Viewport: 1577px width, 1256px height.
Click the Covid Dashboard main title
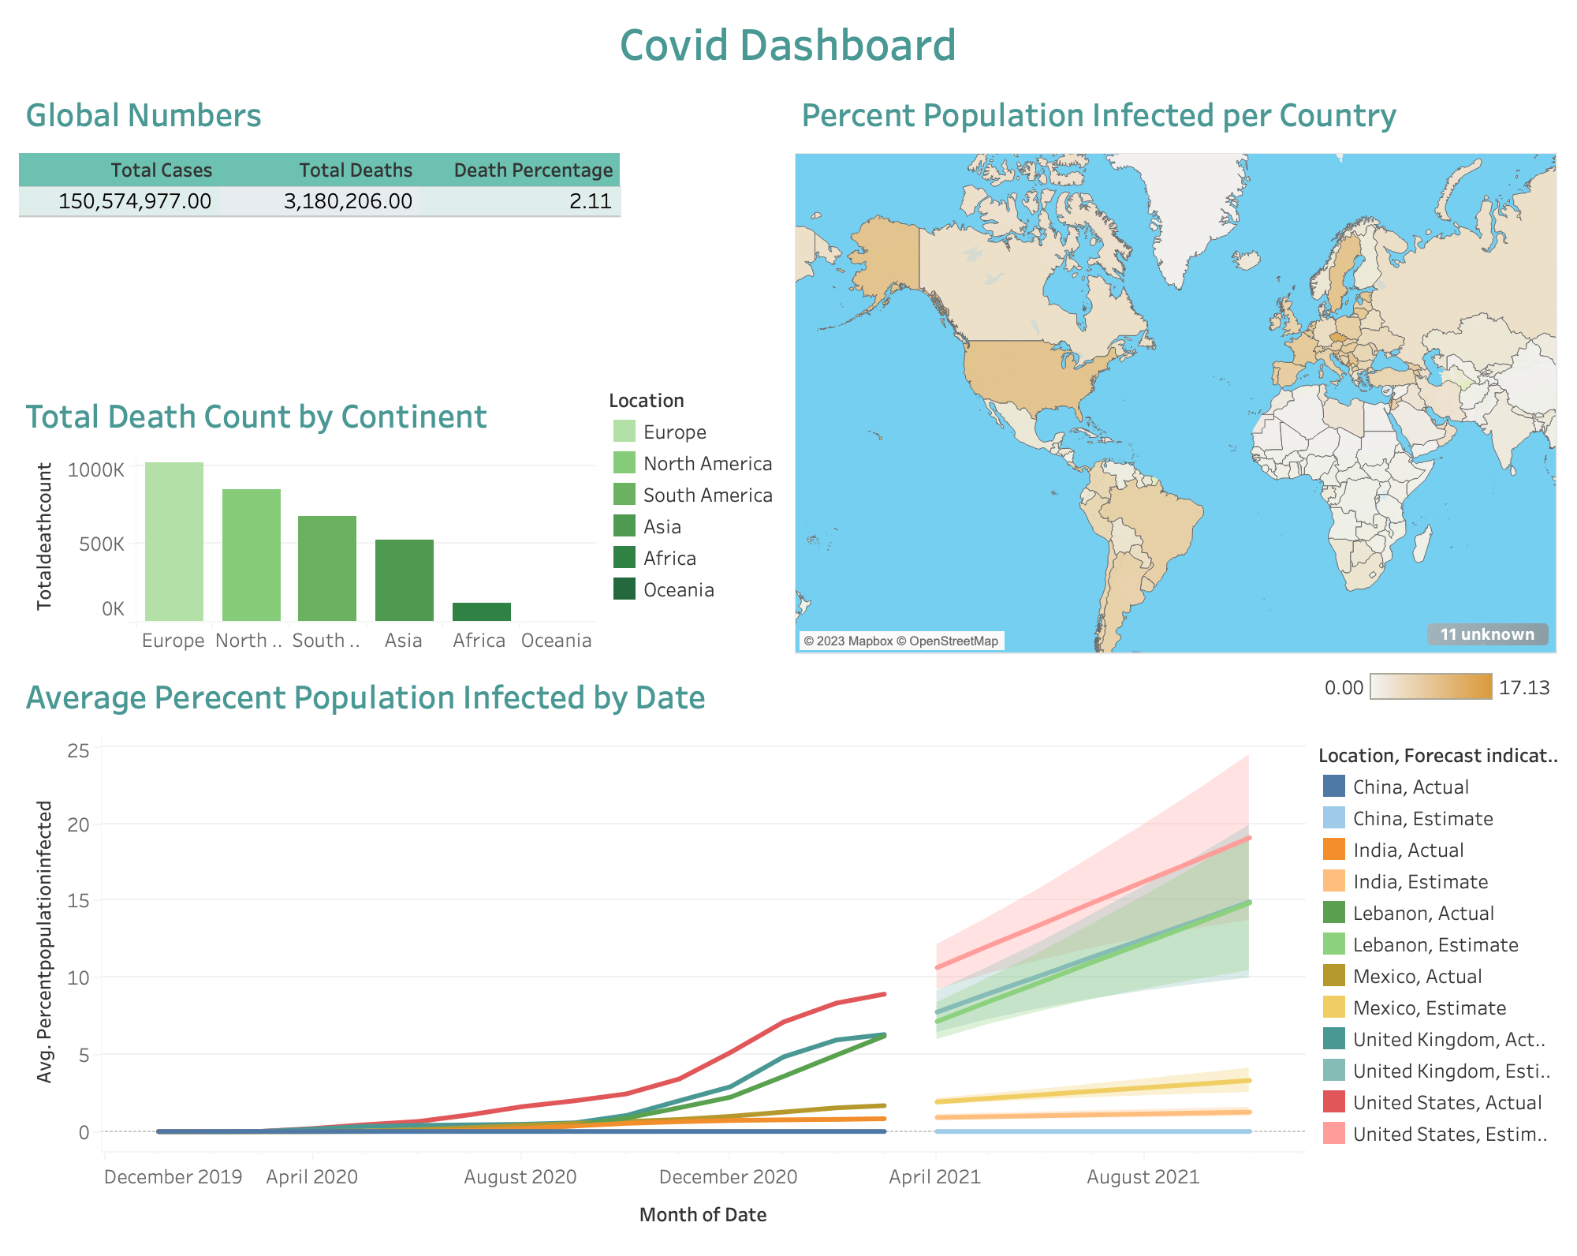(x=787, y=45)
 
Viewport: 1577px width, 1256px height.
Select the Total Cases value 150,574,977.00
(x=135, y=201)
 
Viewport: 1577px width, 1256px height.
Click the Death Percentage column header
(x=533, y=170)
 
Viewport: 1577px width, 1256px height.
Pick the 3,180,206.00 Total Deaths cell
(x=348, y=201)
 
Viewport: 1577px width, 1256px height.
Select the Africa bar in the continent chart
(x=481, y=611)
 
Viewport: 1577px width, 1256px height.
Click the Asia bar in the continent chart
(x=404, y=580)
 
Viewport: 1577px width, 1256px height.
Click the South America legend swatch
(x=624, y=495)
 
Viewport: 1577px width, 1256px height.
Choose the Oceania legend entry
(x=678, y=590)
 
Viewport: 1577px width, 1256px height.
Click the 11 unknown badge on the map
(x=1486, y=634)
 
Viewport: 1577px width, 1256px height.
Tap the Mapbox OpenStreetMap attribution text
(x=900, y=641)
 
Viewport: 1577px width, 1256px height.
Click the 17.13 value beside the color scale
(x=1523, y=688)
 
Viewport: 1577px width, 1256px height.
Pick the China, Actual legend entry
(x=1410, y=787)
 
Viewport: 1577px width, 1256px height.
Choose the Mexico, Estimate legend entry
(x=1429, y=1007)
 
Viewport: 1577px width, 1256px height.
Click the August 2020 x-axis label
(x=520, y=1177)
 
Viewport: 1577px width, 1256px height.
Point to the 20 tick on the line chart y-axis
(x=78, y=824)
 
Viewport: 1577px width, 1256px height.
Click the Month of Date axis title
(x=703, y=1215)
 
